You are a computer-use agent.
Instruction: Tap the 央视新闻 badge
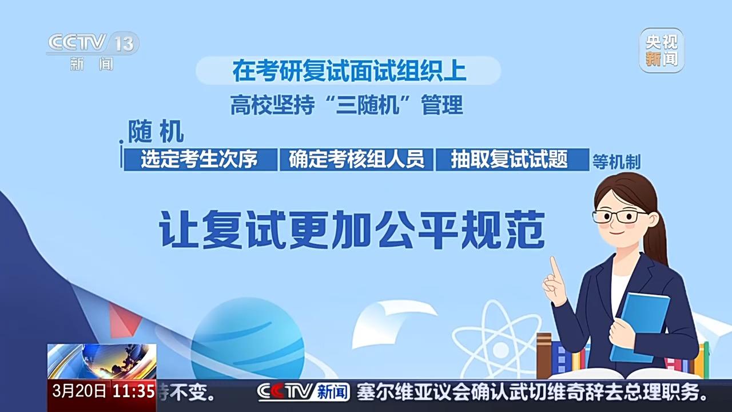662,50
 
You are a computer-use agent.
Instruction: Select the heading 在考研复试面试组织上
349,70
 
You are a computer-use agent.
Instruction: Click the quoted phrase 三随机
367,105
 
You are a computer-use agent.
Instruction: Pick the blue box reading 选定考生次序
200,160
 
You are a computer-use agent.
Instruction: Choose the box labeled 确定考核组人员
356,160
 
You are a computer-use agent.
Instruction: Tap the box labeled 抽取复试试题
512,160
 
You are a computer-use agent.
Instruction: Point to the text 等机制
616,161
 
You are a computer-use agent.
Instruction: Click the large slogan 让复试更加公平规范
352,229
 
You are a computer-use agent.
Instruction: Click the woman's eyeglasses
619,217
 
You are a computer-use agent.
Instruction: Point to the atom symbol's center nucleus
500,350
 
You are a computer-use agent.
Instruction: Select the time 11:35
133,391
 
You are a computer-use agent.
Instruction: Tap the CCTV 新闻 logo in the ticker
303,391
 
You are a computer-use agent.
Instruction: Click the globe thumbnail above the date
102,361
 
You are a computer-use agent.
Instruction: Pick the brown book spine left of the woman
544,355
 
